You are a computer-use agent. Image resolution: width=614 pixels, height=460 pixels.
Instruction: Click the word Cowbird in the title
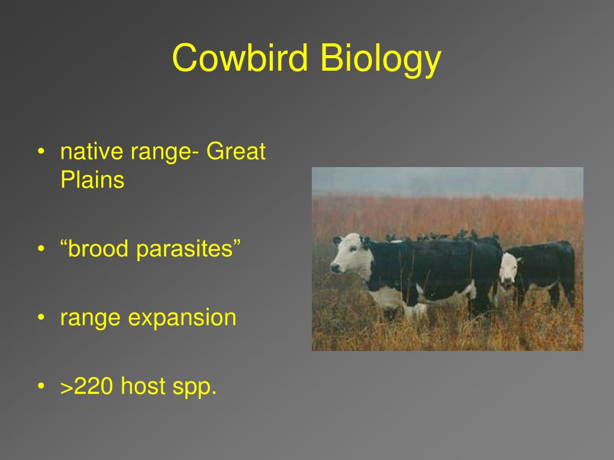coord(240,58)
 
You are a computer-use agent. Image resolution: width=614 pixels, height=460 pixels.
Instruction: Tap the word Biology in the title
coord(381,59)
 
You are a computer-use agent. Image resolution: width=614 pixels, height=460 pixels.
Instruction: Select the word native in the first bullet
coord(92,152)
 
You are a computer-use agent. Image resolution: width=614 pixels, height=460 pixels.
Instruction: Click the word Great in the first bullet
coord(236,152)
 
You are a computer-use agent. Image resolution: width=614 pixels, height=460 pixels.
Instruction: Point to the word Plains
coord(92,180)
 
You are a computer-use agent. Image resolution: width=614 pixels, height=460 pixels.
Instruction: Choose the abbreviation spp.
coord(195,388)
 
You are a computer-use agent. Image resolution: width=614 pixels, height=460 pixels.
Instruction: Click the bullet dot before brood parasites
coord(41,249)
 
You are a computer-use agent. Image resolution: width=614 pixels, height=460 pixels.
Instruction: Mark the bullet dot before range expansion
coord(41,317)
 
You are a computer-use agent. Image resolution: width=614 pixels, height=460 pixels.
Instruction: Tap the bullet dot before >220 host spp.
coord(41,386)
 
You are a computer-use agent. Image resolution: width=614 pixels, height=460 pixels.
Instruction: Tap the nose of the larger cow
coord(335,268)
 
